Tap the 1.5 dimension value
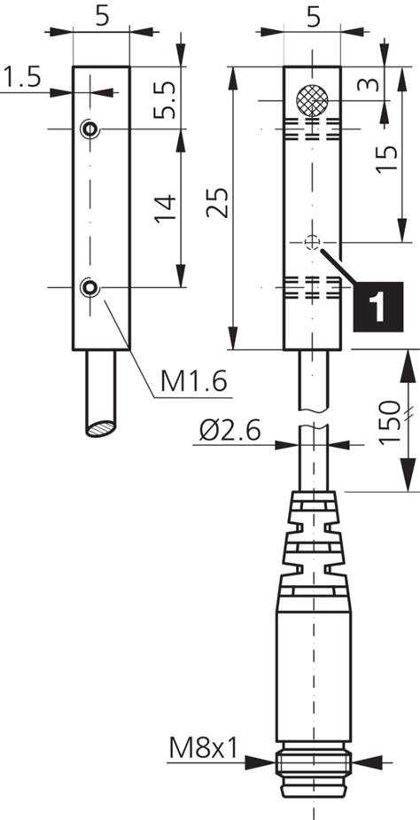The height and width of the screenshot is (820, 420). (x=22, y=79)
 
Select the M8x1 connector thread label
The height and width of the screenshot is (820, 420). (x=204, y=750)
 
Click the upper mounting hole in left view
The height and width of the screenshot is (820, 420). (x=89, y=129)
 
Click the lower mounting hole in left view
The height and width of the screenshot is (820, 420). (x=89, y=285)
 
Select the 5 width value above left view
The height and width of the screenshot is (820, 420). (x=101, y=15)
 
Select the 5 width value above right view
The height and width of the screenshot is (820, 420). (x=312, y=15)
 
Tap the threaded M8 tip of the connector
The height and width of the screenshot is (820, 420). (x=314, y=785)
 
